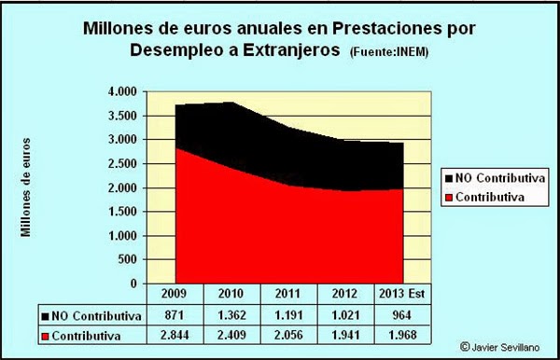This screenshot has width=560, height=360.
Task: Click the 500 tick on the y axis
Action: tap(129, 260)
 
